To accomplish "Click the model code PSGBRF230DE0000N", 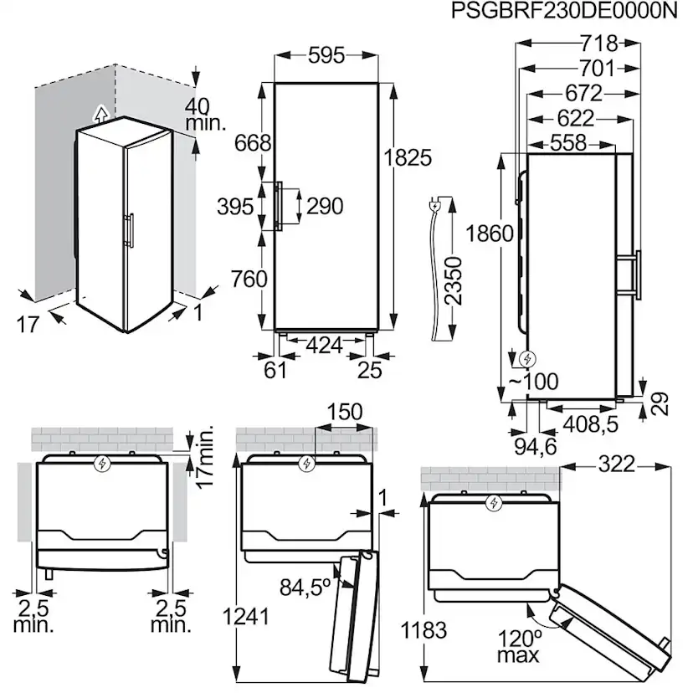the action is [564, 11].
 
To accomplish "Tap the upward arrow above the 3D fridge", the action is [100, 114].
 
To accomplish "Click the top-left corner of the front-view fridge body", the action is [275, 83].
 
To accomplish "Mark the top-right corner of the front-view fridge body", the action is [378, 83].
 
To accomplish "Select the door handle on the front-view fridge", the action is [279, 205].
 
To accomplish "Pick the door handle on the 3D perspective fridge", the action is [130, 230].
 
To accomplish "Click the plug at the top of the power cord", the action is [435, 205].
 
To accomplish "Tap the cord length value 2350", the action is [453, 281].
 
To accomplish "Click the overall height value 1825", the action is [408, 157].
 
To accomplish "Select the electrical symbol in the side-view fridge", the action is [527, 359].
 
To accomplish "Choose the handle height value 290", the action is [325, 206].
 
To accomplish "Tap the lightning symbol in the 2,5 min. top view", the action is [103, 464].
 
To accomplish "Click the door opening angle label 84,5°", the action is [305, 587].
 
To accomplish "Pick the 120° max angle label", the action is [519, 647].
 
